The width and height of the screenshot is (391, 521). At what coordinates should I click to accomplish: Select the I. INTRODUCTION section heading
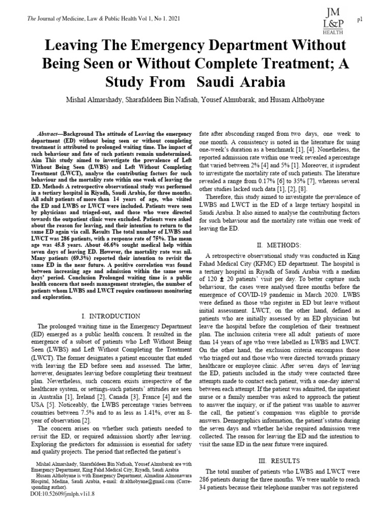click(x=111, y=316)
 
